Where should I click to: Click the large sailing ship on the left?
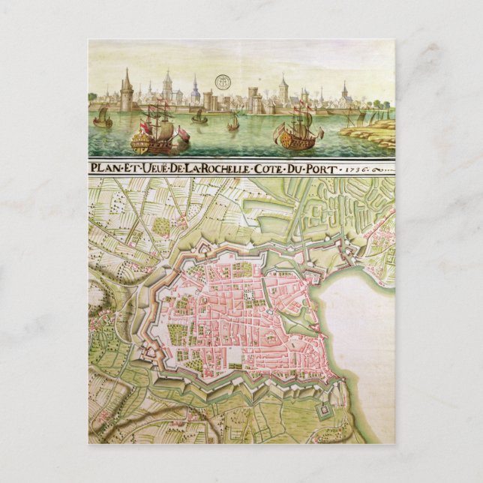point(154,129)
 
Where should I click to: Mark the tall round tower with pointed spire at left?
point(126,94)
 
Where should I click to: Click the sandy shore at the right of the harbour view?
point(371,135)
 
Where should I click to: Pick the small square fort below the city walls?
point(322,410)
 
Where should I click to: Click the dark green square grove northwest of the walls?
point(160,224)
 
